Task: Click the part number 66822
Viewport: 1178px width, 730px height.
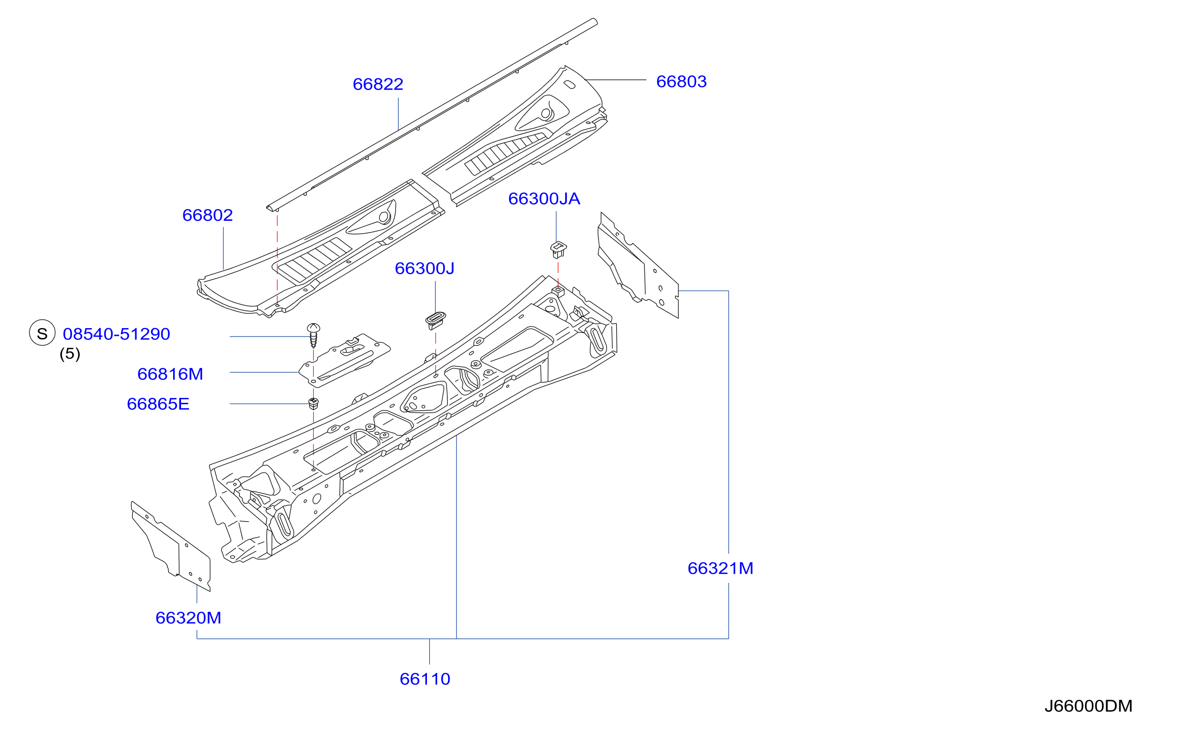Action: [x=378, y=84]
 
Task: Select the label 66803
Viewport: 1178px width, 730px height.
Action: [x=681, y=81]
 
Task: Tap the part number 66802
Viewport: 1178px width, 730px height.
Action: [x=207, y=215]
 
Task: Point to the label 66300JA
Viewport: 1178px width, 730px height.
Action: [x=544, y=198]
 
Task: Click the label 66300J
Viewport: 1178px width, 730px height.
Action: [x=424, y=268]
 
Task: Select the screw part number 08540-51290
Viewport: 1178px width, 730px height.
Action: [x=116, y=334]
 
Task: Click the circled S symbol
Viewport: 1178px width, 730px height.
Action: [x=42, y=333]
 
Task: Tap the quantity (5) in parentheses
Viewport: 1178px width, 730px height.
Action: [x=70, y=354]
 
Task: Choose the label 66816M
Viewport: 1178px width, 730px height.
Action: [x=170, y=374]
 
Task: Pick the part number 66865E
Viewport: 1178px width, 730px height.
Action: [x=158, y=404]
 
